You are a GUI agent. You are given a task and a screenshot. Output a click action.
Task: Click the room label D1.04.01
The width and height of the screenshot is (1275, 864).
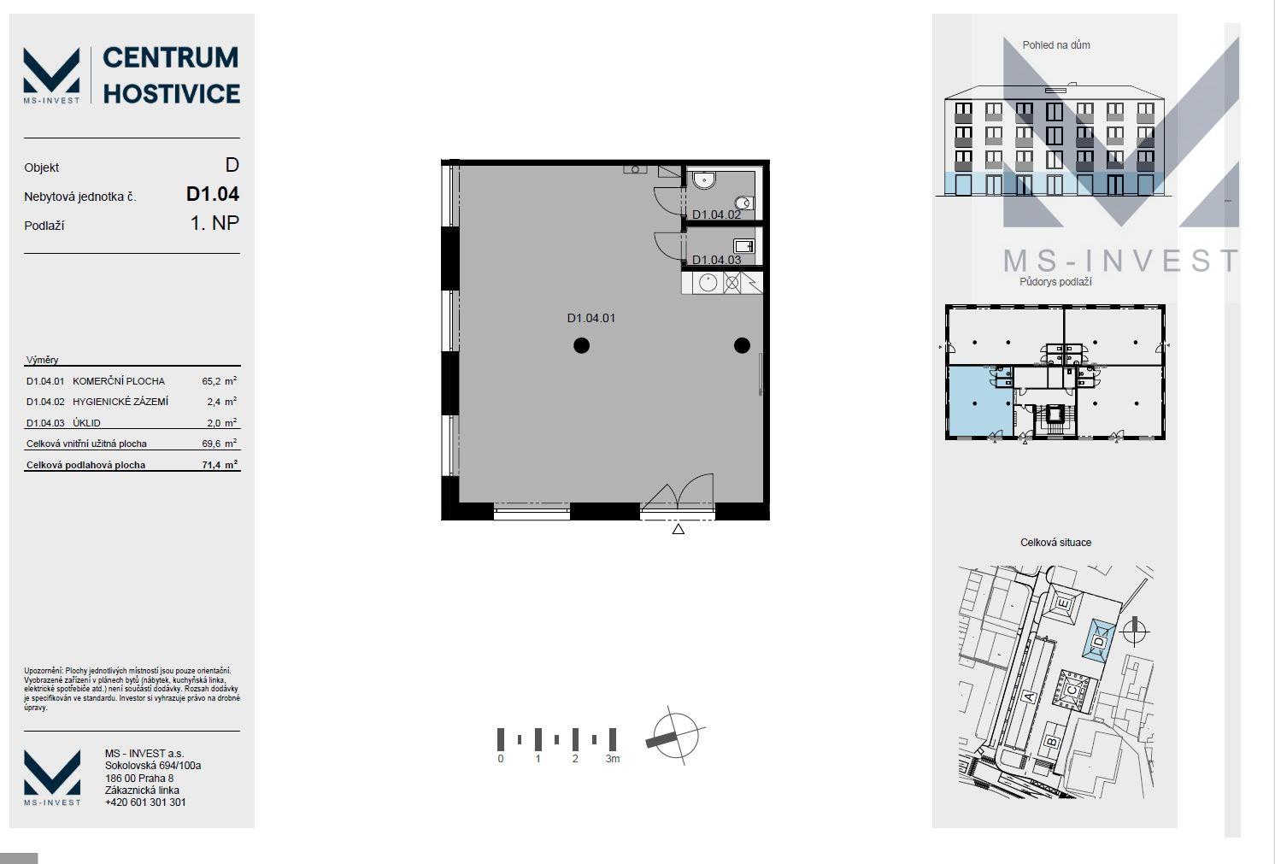[590, 318]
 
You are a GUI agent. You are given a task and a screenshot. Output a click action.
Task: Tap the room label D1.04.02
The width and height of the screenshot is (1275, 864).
[716, 215]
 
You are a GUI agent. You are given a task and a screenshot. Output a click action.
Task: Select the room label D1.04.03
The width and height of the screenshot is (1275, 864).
[716, 260]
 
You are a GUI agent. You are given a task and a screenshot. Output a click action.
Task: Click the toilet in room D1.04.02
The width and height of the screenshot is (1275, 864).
[744, 203]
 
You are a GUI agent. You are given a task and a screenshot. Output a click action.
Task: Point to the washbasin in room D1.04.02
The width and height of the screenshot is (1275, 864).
[704, 179]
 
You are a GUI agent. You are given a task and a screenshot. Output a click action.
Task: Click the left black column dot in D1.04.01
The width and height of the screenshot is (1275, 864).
[581, 345]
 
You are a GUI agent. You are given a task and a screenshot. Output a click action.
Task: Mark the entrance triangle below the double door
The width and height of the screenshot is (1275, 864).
[678, 529]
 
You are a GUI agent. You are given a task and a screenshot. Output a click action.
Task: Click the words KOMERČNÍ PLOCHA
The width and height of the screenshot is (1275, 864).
[119, 381]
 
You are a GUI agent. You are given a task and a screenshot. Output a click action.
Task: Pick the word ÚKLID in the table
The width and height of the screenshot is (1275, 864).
[86, 423]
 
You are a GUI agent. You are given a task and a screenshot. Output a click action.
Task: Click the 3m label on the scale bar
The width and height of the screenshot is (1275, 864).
[613, 759]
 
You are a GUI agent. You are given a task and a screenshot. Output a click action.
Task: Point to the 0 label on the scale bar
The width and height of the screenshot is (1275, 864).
[500, 759]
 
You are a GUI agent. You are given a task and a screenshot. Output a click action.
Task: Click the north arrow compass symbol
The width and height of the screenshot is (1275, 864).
[676, 737]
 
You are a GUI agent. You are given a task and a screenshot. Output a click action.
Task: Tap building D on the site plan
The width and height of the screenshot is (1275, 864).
[1099, 640]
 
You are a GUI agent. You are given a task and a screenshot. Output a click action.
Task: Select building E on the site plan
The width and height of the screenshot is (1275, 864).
[1062, 604]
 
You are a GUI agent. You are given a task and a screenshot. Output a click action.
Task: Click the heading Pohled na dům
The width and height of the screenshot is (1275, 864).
[1056, 45]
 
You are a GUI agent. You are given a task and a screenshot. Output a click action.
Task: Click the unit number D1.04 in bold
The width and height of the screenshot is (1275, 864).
[212, 194]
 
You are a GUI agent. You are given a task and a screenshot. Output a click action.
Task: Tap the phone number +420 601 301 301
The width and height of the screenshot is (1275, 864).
[145, 802]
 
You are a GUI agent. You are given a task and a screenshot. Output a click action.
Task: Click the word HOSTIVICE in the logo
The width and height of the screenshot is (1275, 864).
[171, 94]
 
